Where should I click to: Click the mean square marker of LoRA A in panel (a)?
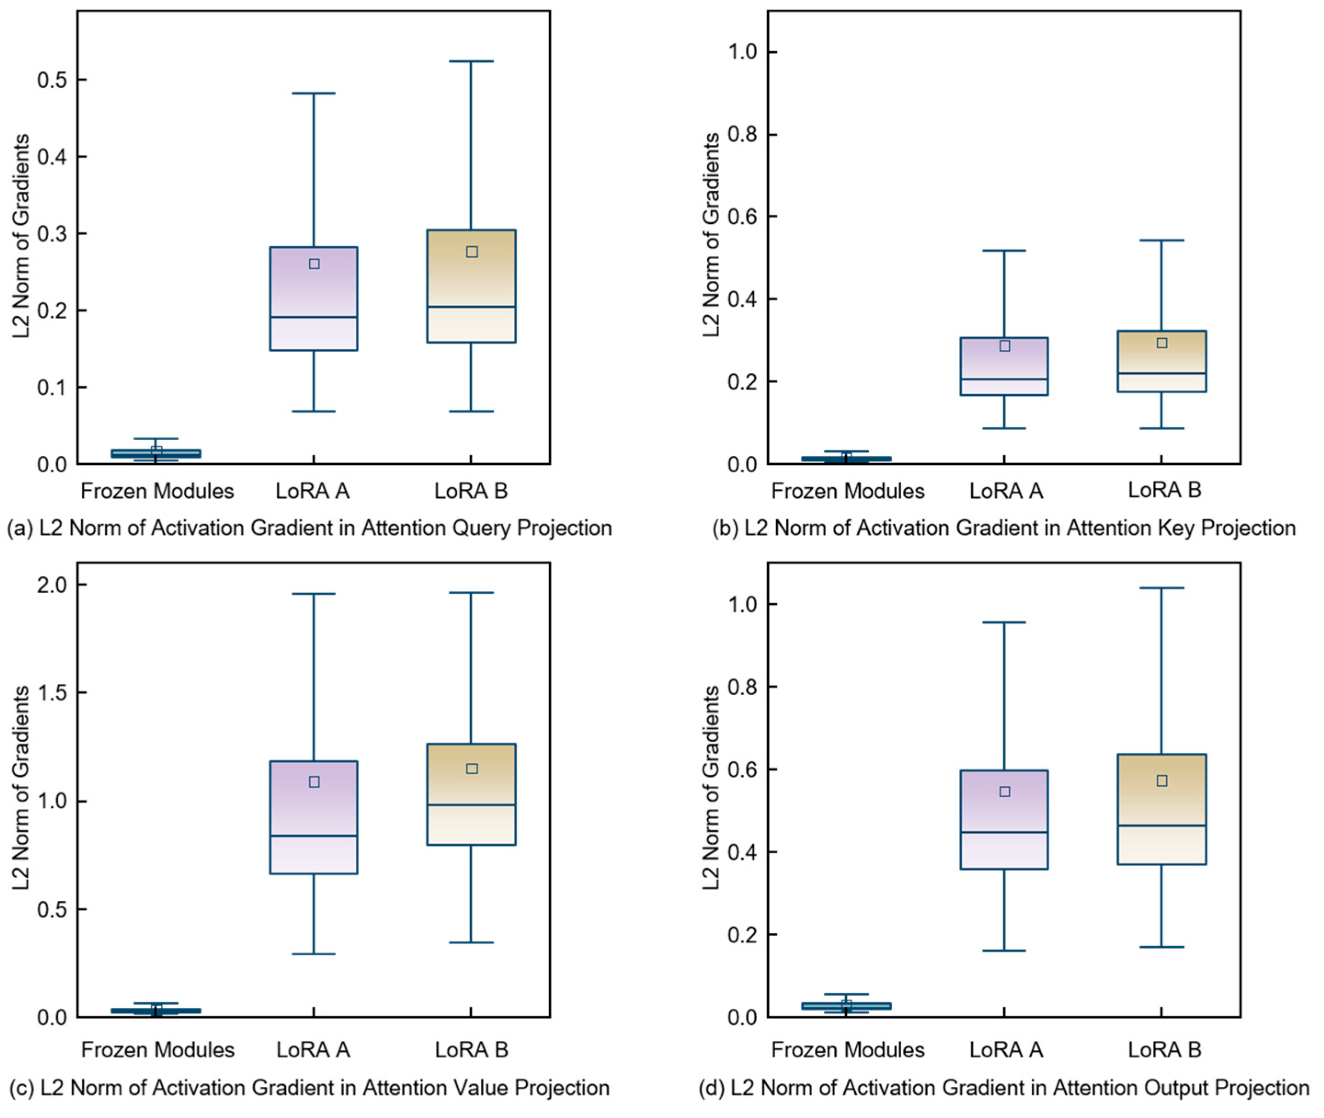point(314,264)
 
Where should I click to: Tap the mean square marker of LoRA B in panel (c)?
point(472,769)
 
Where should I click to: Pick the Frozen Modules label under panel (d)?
point(848,1050)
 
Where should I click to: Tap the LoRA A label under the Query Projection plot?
point(313,491)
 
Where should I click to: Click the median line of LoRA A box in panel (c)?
point(314,835)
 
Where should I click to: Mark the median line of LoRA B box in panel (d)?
point(1162,825)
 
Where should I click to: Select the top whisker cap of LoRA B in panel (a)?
point(471,62)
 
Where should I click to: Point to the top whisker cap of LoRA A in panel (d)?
point(1005,622)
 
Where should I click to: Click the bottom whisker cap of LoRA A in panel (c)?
point(314,954)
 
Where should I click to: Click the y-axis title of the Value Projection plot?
point(22,788)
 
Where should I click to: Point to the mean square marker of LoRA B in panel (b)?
point(1162,343)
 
